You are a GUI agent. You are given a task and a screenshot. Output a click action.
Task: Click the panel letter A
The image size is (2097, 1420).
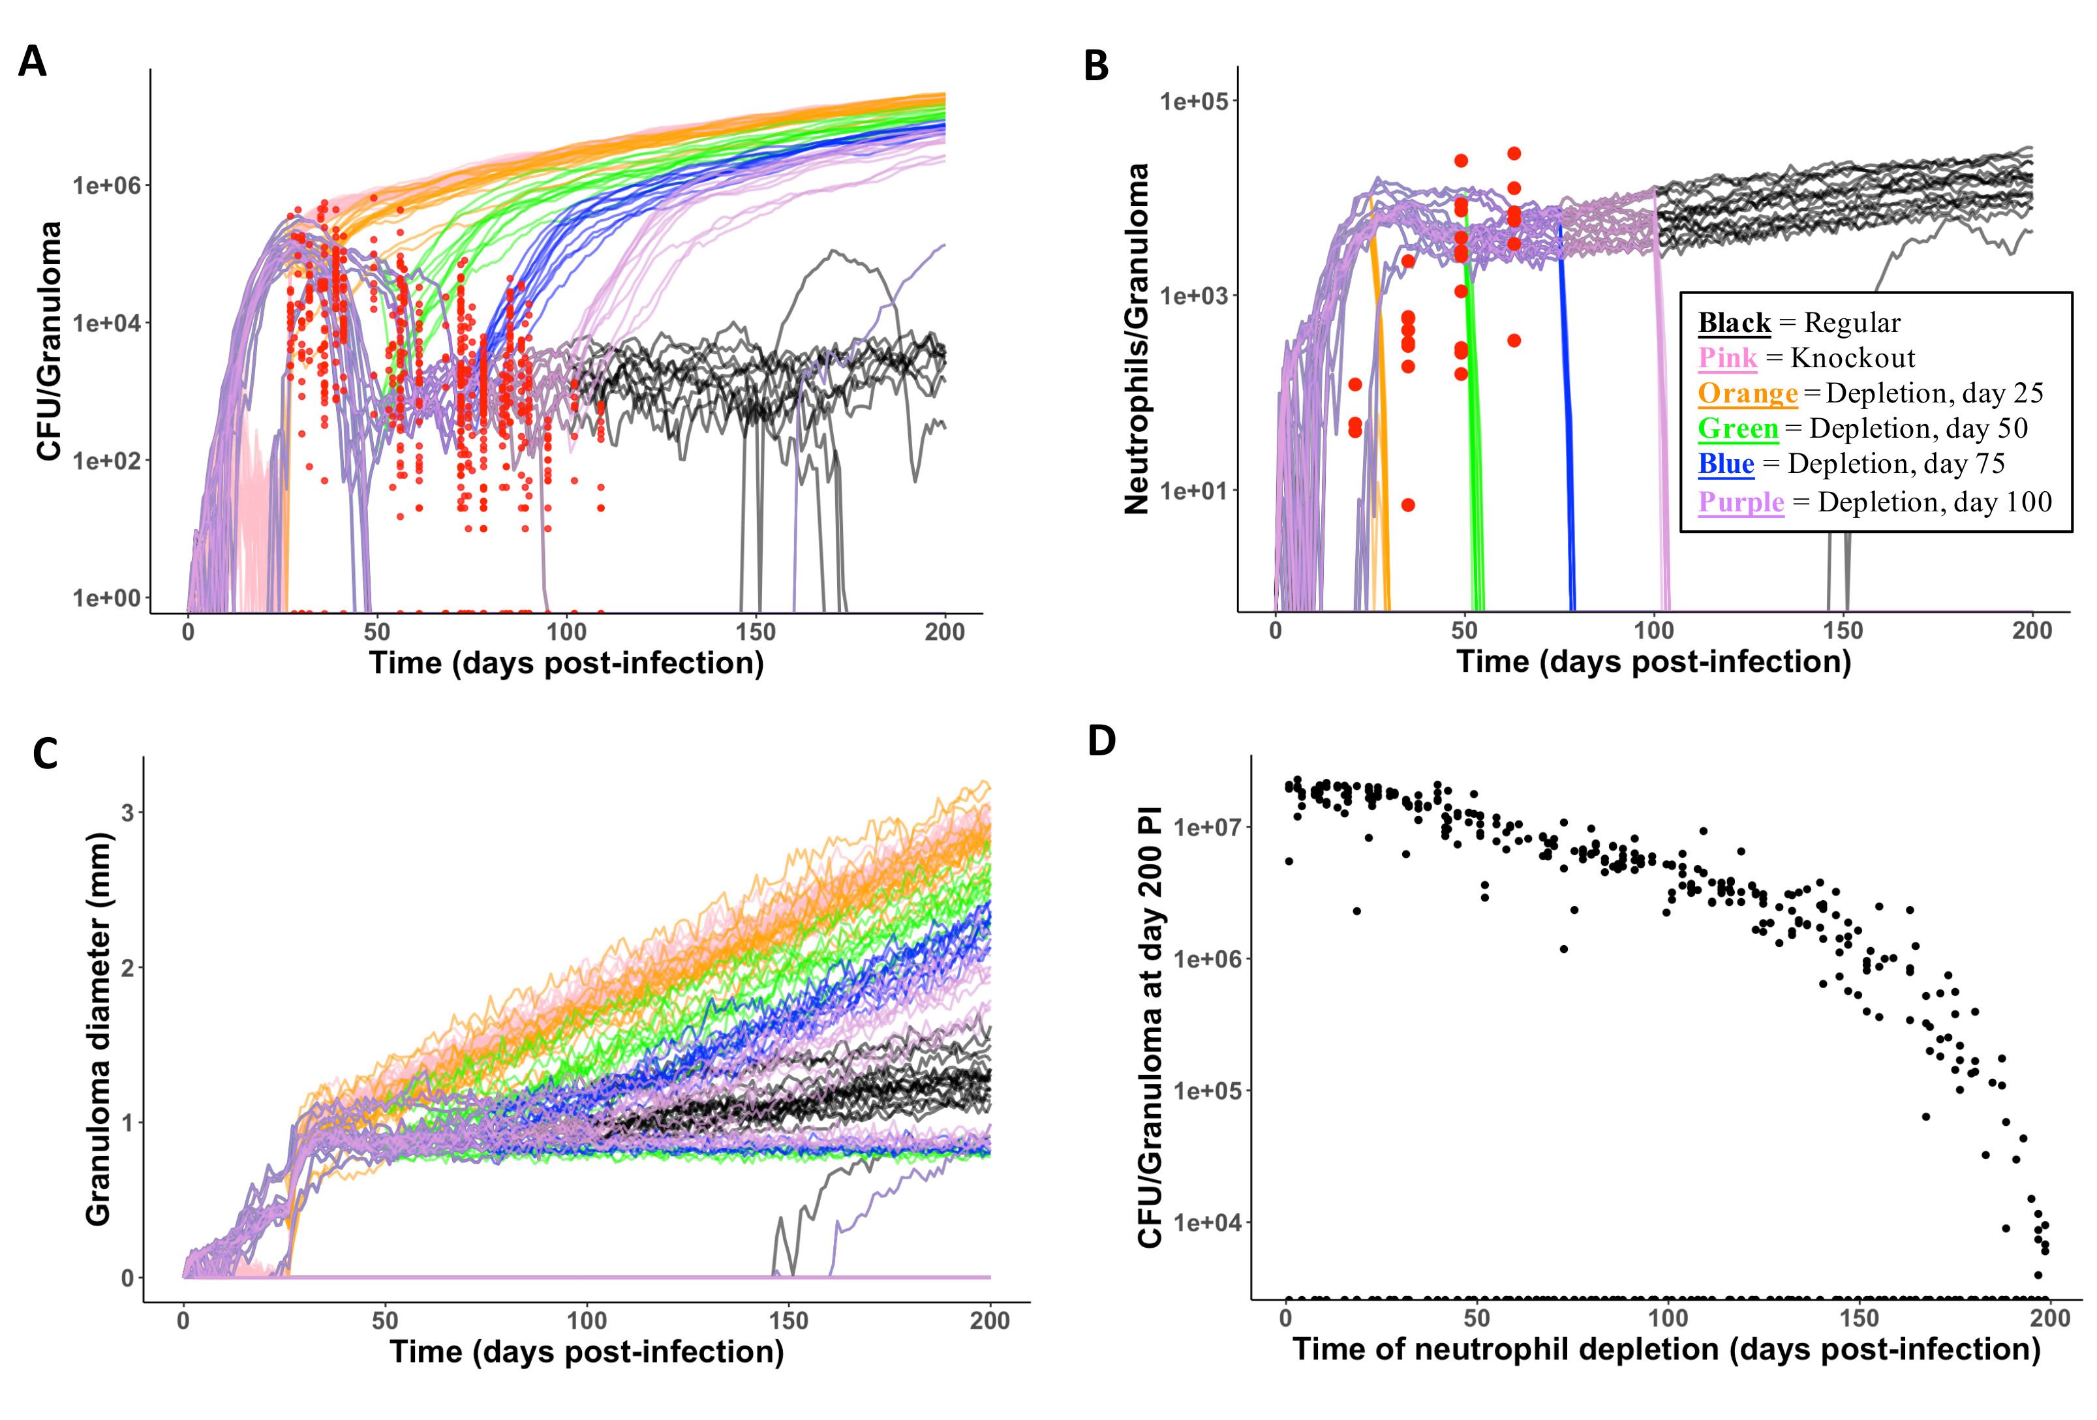click(33, 62)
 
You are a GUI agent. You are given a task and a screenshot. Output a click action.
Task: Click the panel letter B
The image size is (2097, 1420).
click(1095, 66)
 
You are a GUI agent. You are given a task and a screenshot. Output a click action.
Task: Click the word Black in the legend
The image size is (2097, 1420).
click(1734, 322)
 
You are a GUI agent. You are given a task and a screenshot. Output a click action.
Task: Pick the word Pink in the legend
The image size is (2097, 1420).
click(1727, 357)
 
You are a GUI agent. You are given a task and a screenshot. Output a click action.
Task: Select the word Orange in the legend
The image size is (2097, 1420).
click(1747, 393)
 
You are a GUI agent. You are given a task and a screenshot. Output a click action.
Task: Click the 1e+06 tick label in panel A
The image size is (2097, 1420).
click(106, 186)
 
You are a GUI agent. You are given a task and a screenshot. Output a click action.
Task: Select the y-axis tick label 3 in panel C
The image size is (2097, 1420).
click(127, 813)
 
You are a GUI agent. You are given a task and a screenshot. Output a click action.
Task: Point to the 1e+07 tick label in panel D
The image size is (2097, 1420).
click(1207, 826)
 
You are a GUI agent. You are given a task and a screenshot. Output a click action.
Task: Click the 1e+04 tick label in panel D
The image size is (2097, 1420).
click(1207, 1222)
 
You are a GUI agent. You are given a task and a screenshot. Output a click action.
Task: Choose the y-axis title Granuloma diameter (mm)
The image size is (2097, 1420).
click(97, 1029)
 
